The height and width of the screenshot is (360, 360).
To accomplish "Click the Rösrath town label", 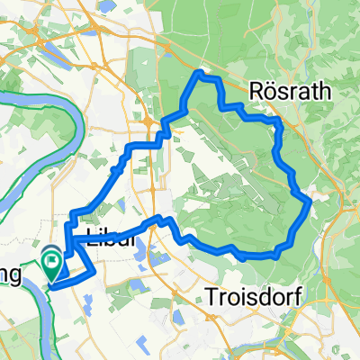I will coord(291,91).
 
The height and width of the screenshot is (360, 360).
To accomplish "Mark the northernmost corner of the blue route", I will coord(200,73).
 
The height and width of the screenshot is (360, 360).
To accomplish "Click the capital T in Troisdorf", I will coord(211,295).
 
